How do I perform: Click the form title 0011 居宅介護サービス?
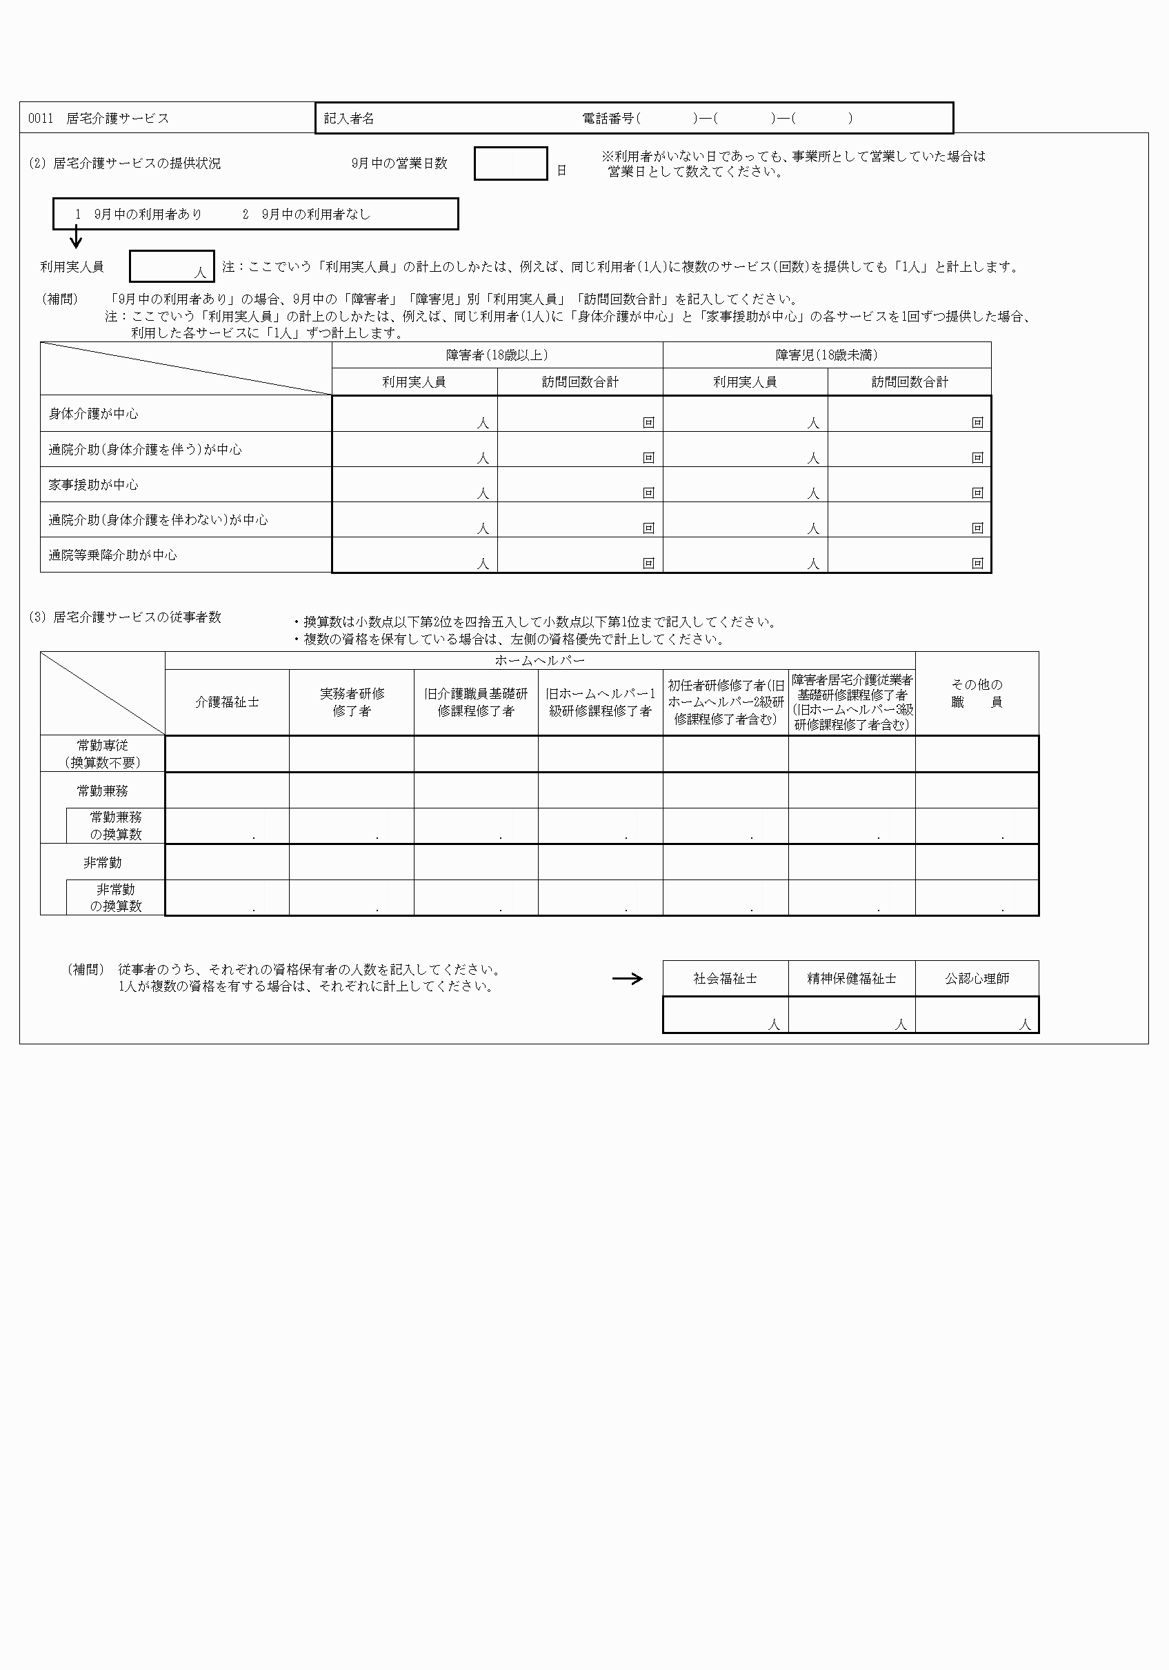[98, 119]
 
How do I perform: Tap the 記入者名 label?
[348, 119]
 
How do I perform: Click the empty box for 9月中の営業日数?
[510, 163]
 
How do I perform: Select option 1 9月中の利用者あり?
[138, 215]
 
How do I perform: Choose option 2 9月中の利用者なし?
[306, 215]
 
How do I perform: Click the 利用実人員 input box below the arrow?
[171, 266]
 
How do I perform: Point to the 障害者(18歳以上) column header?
[497, 355]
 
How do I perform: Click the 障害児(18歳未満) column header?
[826, 355]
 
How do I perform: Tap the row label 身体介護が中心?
[93, 414]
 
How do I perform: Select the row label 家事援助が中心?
[93, 485]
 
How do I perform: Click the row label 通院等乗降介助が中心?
[112, 555]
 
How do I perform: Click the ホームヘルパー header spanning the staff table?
[540, 660]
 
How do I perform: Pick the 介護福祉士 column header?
[227, 703]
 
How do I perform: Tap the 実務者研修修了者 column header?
[352, 703]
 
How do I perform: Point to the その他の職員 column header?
[977, 693]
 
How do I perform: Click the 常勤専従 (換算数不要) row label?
[103, 753]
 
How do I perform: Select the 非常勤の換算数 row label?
[116, 897]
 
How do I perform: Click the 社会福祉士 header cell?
[726, 979]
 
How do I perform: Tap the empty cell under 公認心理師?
[977, 1015]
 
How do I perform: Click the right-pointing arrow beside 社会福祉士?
[628, 979]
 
